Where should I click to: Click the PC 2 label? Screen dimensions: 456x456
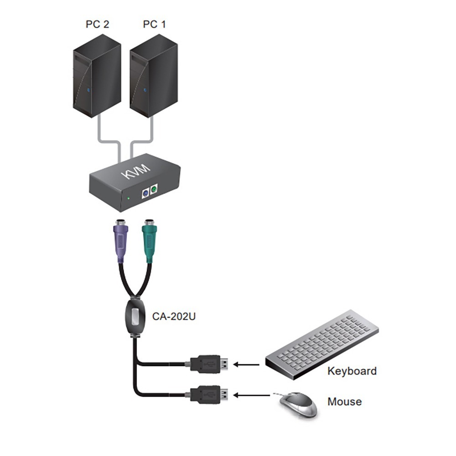point(97,24)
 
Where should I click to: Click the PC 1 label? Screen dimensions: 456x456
point(154,24)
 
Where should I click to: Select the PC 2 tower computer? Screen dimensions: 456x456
point(97,75)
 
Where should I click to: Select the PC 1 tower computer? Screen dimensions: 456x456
point(153,75)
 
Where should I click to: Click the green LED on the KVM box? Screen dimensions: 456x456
point(130,198)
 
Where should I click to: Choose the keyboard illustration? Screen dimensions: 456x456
point(321,340)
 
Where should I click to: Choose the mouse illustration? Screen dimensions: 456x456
point(299,404)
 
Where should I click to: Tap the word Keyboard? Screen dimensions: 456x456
point(352,371)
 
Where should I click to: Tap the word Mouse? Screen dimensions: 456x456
point(344,402)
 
